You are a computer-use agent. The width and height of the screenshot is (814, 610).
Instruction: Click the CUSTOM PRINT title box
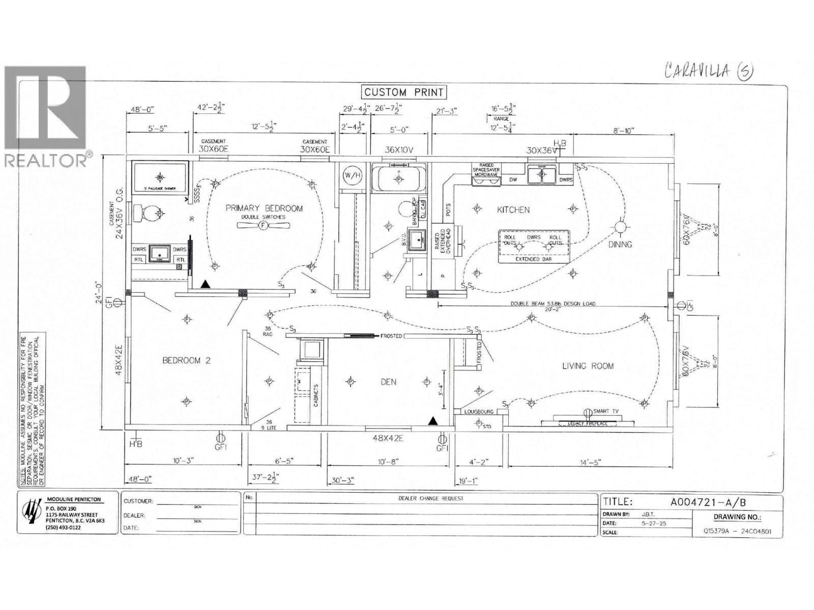(404, 92)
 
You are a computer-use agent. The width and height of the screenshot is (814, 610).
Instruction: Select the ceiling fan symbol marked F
(263, 226)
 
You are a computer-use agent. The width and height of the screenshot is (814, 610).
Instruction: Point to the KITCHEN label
(513, 209)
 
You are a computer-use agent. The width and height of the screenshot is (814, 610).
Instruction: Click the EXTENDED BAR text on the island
(534, 259)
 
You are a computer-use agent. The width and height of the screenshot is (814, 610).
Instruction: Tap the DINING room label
(620, 245)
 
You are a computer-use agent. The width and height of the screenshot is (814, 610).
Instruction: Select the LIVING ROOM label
(588, 365)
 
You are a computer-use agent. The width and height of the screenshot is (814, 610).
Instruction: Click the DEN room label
(388, 382)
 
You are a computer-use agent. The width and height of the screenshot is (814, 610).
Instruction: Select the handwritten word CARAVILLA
(697, 71)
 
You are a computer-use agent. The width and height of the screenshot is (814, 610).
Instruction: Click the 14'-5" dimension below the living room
(589, 462)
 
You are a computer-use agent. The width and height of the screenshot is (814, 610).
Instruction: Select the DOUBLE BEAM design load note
(553, 304)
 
